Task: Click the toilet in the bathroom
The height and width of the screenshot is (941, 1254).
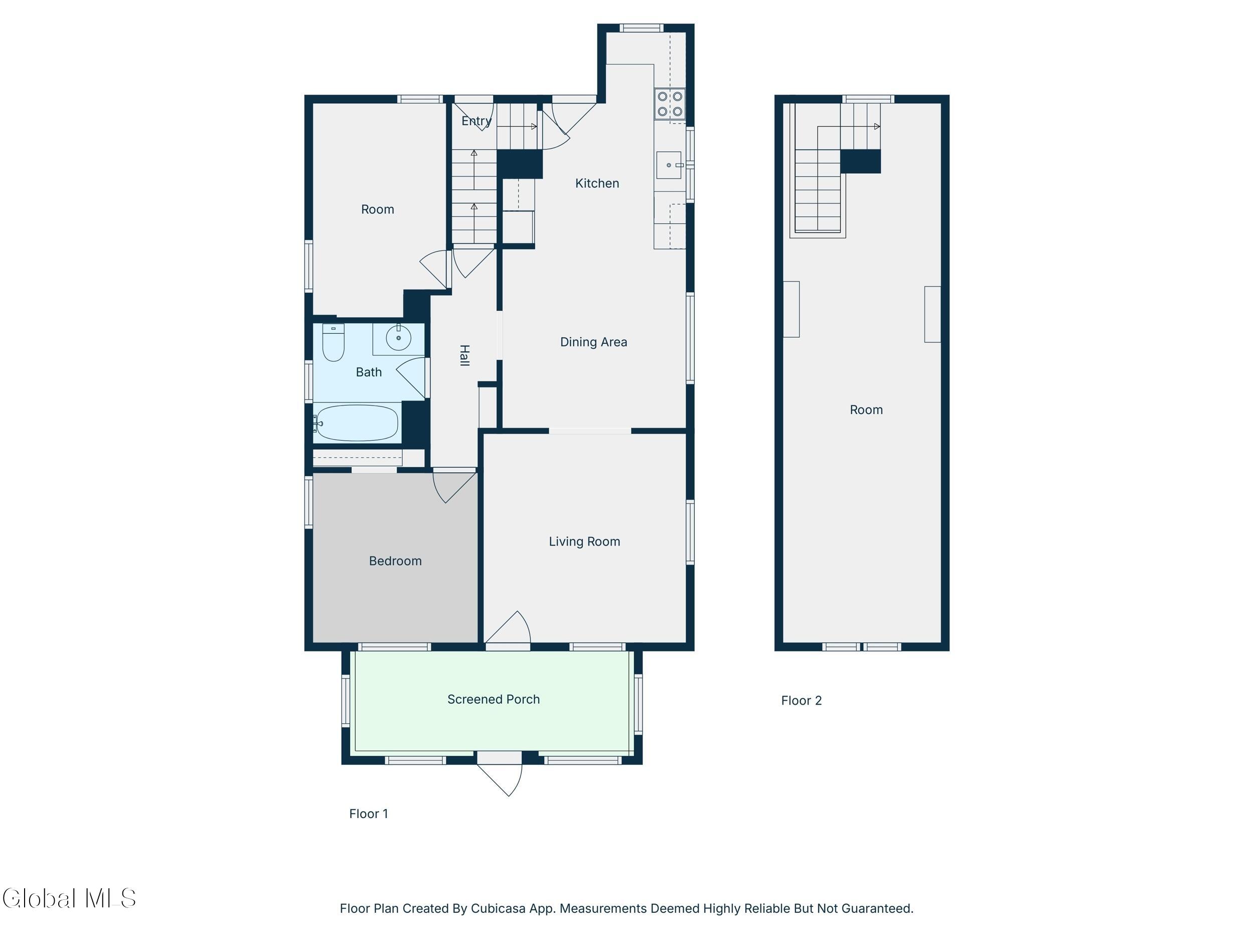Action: (334, 343)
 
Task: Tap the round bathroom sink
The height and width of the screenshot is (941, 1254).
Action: (399, 339)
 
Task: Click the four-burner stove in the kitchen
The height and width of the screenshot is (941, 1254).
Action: (670, 104)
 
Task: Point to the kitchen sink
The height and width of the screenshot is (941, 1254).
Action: (669, 165)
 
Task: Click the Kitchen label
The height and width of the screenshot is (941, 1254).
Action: (597, 183)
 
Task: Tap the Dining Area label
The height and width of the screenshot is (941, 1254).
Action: (593, 342)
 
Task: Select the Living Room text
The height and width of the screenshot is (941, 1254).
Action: (584, 542)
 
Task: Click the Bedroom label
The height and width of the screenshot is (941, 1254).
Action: (395, 561)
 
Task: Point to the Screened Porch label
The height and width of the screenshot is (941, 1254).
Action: (493, 700)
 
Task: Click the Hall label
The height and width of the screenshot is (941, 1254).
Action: (464, 356)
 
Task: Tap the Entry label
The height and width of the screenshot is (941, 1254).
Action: (476, 121)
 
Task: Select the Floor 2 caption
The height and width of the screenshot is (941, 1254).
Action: (801, 701)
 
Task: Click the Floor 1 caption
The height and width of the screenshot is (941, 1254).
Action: (369, 814)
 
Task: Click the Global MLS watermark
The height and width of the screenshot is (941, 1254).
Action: (69, 898)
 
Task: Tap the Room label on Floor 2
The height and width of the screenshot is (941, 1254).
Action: (866, 410)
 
